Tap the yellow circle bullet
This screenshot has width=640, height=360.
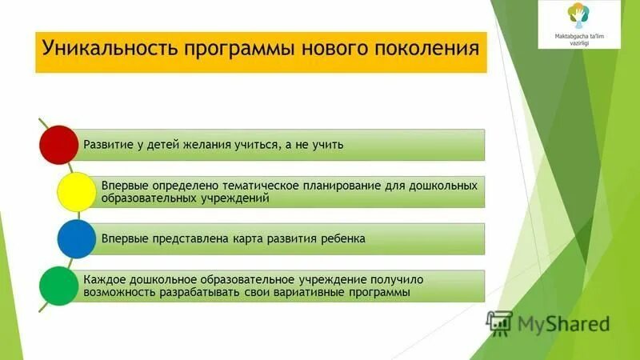point(78,191)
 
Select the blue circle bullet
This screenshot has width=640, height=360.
point(78,238)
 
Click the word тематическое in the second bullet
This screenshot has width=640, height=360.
point(265,186)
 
